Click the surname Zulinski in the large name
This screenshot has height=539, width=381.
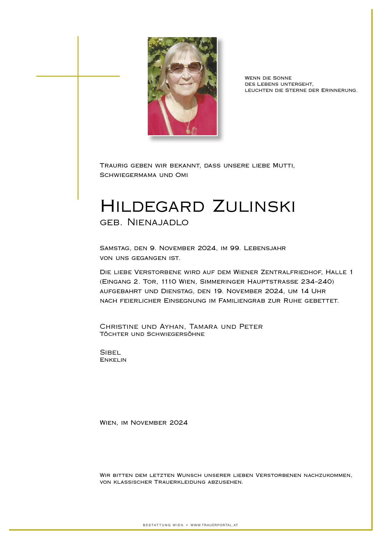click(x=254, y=206)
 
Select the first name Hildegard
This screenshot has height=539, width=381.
click(x=152, y=206)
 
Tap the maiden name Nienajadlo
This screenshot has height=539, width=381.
click(x=158, y=222)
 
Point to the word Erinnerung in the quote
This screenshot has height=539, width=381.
click(x=339, y=90)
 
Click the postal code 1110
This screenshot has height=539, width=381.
click(x=169, y=282)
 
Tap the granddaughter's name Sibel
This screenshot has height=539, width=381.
click(x=110, y=352)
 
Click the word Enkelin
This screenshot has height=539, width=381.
click(x=113, y=360)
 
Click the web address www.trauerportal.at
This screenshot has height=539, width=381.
click(x=214, y=525)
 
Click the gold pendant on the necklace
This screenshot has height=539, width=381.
click(x=188, y=131)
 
